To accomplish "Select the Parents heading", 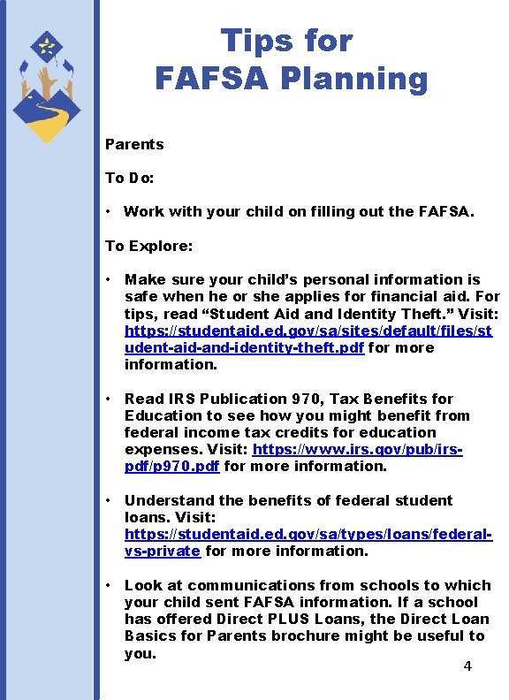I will coord(134,144).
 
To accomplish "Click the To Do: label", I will coord(130,178).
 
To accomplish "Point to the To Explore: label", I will coord(148,246).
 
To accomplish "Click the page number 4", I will coord(467,666).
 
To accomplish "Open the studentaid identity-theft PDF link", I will coord(308,331).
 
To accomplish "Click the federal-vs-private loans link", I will coord(308,534).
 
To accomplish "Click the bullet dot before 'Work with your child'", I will coord(106,212).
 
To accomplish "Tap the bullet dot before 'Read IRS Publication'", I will coord(107,399).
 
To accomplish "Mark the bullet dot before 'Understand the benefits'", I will coord(107,500).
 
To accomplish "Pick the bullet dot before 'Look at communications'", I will coord(107,585).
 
